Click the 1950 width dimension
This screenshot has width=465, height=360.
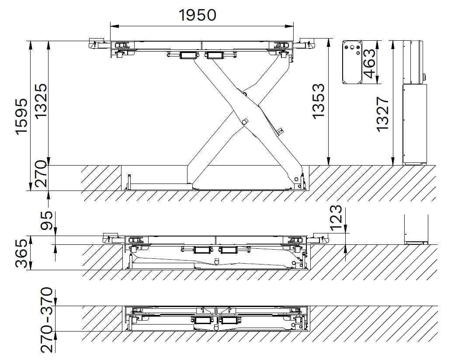click(x=198, y=15)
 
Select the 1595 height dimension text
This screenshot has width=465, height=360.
click(x=22, y=117)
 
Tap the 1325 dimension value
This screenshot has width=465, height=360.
click(x=40, y=100)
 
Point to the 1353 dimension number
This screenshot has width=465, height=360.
click(x=319, y=101)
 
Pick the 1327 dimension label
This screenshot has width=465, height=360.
click(x=382, y=113)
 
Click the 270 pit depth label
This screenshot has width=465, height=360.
click(x=41, y=174)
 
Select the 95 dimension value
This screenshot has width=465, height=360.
click(x=46, y=221)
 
